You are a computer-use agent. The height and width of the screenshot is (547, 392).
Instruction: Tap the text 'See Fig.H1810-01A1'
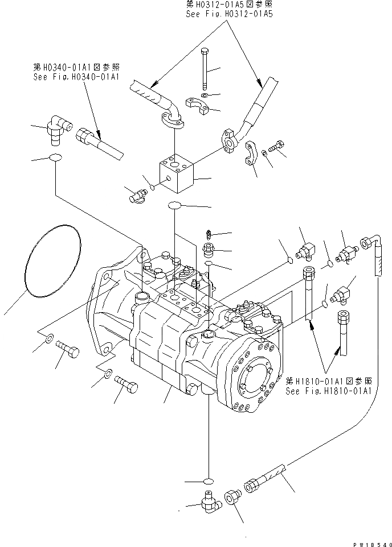[327, 391]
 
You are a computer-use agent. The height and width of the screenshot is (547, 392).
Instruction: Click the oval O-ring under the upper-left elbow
[55, 158]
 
